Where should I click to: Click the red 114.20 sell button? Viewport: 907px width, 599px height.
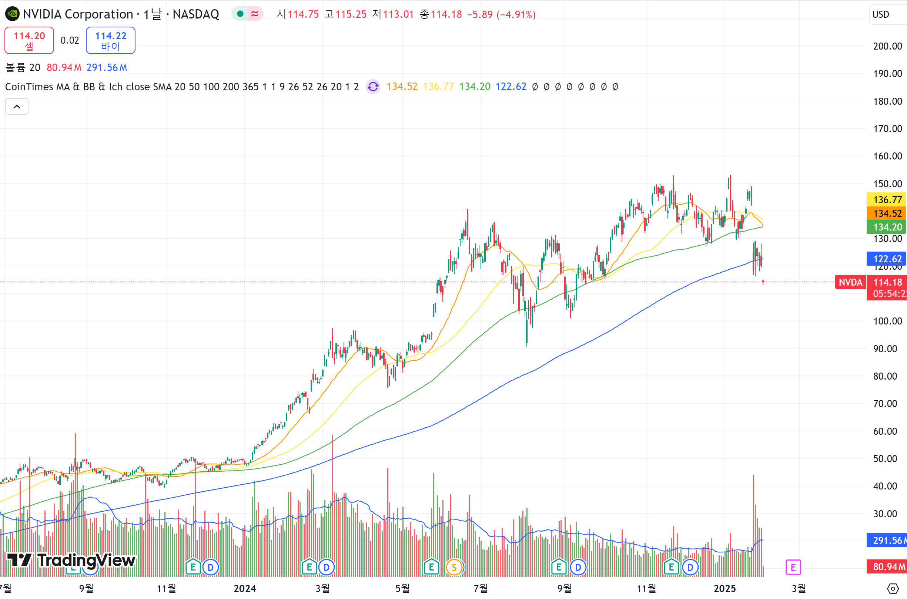click(x=29, y=40)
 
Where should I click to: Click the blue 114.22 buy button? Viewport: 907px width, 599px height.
click(x=110, y=40)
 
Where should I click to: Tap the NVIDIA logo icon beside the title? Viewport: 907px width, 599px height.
click(x=12, y=14)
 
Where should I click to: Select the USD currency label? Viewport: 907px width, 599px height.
click(x=881, y=14)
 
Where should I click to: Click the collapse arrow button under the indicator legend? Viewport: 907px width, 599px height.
click(x=17, y=107)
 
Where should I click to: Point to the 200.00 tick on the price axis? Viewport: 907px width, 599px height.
click(x=887, y=46)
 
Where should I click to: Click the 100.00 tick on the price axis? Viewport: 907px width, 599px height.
click(x=887, y=321)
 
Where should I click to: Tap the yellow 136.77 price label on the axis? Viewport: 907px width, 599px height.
click(x=887, y=199)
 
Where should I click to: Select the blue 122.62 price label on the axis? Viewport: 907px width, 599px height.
click(x=887, y=259)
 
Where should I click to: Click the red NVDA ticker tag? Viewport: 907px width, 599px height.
click(x=850, y=282)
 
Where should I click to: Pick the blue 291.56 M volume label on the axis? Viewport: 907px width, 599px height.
click(x=887, y=541)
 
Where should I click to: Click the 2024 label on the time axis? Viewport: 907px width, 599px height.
click(x=245, y=588)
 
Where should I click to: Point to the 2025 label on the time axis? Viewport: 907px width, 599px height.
click(x=725, y=588)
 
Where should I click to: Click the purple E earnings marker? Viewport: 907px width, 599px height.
click(x=793, y=567)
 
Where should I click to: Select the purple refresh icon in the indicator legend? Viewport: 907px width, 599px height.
click(x=373, y=87)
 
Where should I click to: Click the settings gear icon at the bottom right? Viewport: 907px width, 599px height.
click(x=893, y=588)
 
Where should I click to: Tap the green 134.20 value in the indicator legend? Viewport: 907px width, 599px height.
click(x=475, y=87)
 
